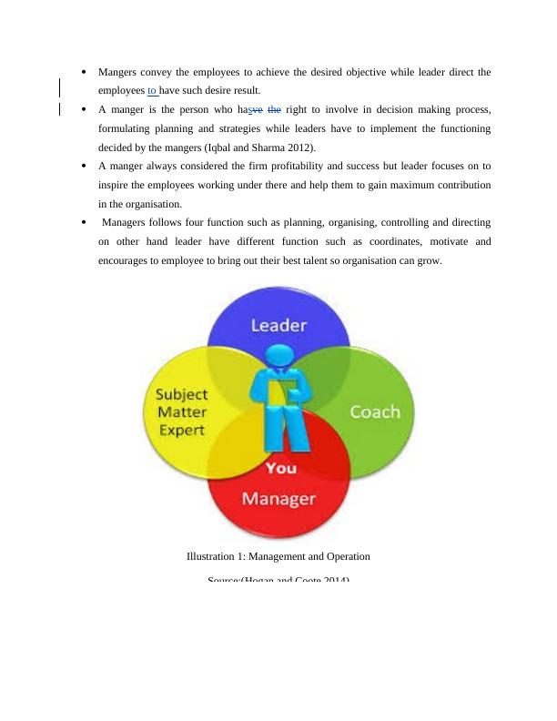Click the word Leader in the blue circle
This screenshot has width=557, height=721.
278,325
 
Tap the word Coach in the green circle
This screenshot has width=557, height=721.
375,411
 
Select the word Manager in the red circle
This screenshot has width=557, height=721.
278,499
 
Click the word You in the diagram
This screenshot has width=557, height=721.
279,468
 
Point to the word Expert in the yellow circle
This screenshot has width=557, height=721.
182,431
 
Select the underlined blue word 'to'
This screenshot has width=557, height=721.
152,91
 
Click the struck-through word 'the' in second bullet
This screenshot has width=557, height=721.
274,110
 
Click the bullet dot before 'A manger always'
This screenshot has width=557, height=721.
84,167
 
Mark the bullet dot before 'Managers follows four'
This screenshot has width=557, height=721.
84,222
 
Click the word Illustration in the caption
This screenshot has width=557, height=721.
211,556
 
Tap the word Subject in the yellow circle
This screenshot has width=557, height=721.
182,395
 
